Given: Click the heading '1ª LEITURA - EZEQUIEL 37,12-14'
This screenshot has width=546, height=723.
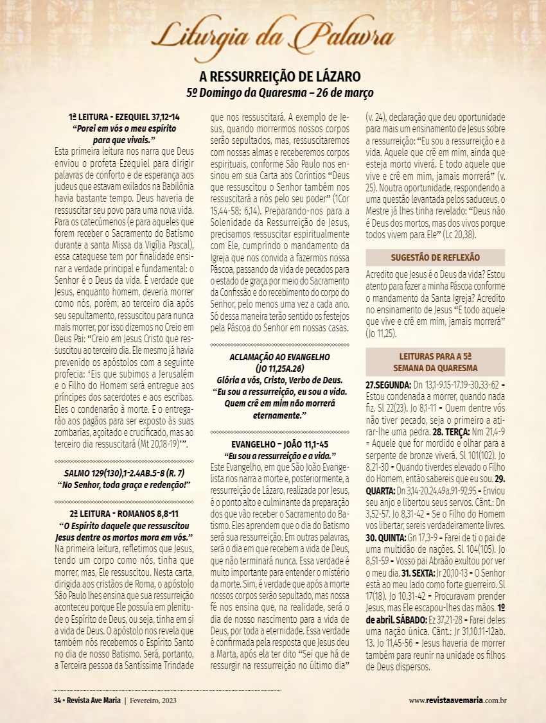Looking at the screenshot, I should tap(124, 118).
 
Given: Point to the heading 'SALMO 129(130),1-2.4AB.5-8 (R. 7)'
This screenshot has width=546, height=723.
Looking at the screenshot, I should tap(124, 473).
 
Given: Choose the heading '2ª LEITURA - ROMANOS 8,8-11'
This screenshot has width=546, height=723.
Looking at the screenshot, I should tap(124, 514).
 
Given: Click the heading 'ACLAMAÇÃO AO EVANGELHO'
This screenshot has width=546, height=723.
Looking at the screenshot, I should tap(279, 357).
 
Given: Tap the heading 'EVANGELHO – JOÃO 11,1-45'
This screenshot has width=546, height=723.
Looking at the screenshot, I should tap(279, 444).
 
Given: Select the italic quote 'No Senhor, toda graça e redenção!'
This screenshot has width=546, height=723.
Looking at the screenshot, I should tap(124, 484).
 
